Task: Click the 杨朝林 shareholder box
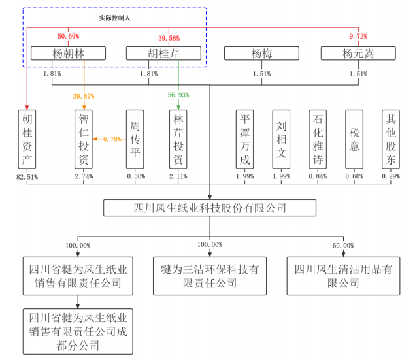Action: point(68,54)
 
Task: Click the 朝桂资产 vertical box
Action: point(27,139)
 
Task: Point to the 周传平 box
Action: point(135,139)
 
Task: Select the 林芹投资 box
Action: point(178,139)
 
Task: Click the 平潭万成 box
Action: point(244,139)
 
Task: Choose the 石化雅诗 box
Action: point(318,139)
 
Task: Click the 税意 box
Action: point(354,139)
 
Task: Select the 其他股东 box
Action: point(391,139)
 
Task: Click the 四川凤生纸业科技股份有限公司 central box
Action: point(210,208)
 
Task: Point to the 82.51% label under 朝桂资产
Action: point(27,176)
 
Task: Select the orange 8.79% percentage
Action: point(110,139)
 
